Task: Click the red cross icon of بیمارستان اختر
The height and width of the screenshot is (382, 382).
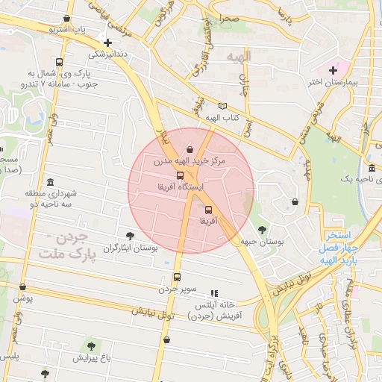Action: point(334,70)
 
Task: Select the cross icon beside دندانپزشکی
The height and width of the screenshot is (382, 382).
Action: point(110,43)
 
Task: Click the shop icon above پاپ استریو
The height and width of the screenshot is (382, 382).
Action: point(68,19)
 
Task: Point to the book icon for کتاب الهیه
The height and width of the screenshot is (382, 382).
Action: point(222,106)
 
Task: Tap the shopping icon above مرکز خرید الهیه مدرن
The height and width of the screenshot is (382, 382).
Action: point(190,148)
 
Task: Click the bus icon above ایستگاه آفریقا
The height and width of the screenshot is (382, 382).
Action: point(180,175)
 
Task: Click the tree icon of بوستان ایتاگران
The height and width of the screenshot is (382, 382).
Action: point(131,236)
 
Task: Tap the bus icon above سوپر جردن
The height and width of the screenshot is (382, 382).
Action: point(177,278)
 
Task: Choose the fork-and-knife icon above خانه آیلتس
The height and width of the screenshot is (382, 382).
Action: point(215,294)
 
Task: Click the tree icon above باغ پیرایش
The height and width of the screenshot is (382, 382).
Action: point(91,345)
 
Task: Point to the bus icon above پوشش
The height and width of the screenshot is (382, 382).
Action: point(23,286)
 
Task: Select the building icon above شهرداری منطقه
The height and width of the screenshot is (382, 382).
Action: point(50,182)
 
